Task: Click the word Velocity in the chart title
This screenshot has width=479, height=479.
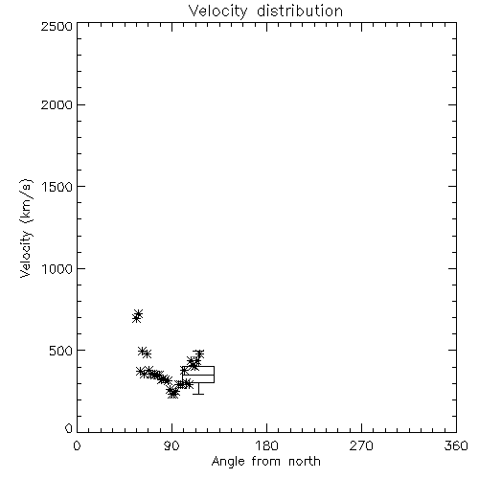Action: [218, 11]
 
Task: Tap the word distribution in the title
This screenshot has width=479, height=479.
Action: [300, 11]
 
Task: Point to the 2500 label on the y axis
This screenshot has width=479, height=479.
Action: [57, 26]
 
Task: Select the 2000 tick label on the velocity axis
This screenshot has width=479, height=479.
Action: [57, 104]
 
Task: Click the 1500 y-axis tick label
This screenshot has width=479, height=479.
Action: [57, 187]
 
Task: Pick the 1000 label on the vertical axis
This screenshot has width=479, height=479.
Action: [57, 269]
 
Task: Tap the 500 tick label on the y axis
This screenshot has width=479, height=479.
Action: [61, 351]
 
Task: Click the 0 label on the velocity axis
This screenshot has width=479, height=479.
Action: [69, 428]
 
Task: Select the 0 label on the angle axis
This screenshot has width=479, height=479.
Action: [77, 445]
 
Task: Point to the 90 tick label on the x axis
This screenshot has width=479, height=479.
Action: [171, 445]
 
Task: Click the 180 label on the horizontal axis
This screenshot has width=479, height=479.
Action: [266, 445]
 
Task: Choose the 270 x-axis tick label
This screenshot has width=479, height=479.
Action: [361, 445]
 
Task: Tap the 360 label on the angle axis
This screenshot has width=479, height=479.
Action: [456, 445]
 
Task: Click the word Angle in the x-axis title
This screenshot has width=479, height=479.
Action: [228, 462]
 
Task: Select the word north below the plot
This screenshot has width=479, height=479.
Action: [305, 462]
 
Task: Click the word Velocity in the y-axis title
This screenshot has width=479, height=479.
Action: [26, 254]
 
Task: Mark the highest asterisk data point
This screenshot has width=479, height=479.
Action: [138, 313]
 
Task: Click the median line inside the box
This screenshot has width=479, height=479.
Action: [198, 375]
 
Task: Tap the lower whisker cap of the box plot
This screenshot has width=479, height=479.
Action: [198, 394]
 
